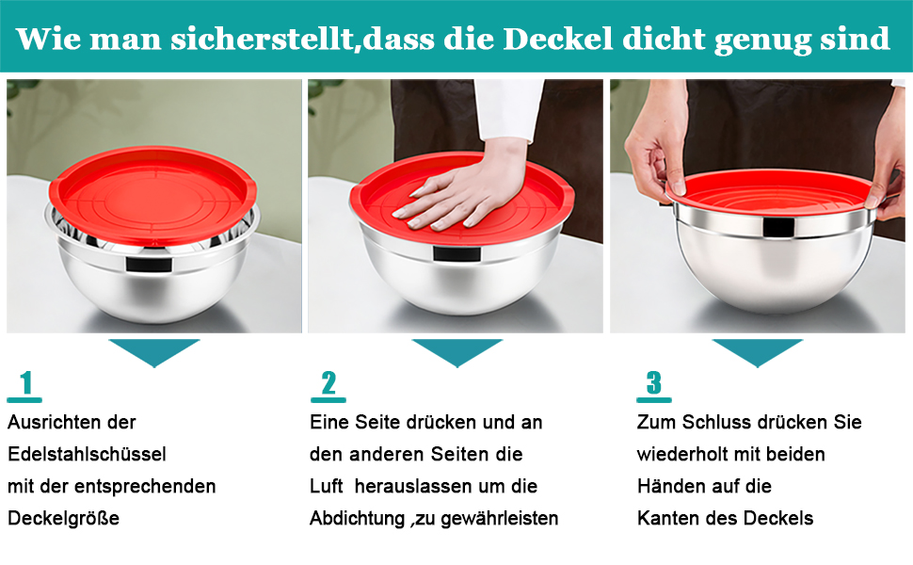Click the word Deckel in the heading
point(558,39)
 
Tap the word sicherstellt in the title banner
point(262,39)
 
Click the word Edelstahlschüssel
point(87,454)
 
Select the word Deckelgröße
point(63,518)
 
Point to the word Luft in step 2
point(326,486)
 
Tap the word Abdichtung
point(357,518)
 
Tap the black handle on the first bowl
point(149,265)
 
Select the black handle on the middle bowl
point(457,254)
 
